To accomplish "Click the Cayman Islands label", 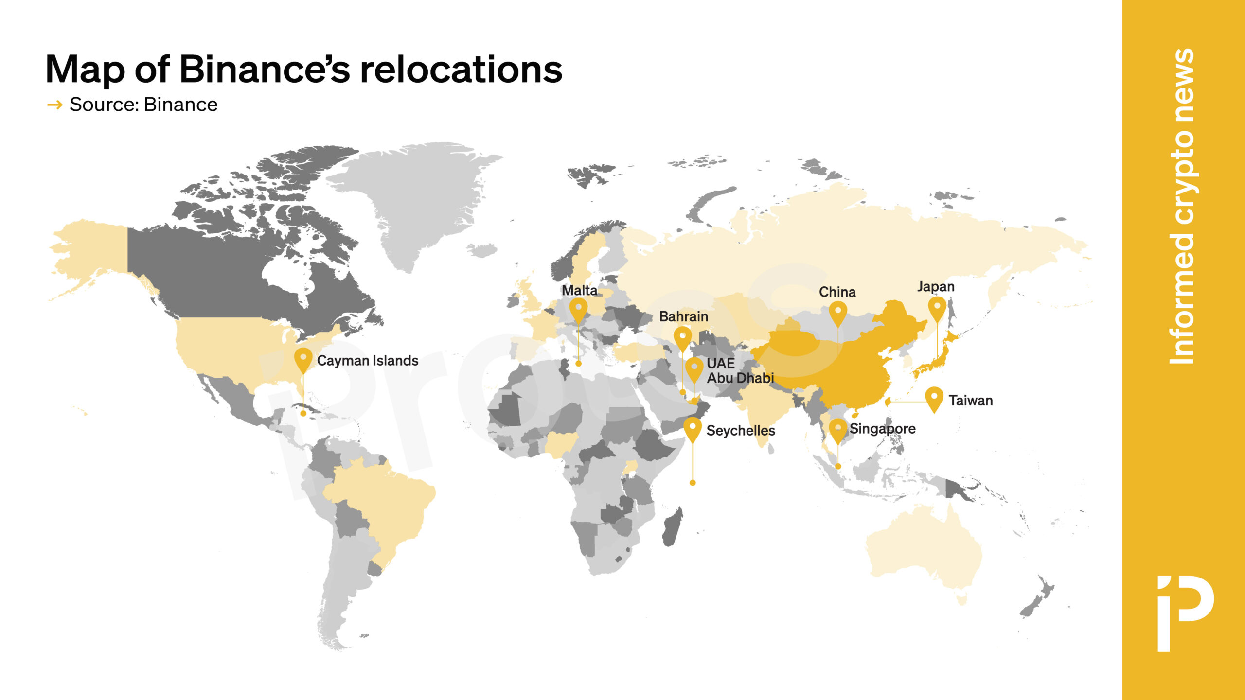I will (367, 361).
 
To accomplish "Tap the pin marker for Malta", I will (578, 310).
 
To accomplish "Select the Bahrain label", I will (683, 316).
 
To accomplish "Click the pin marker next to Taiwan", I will (934, 398).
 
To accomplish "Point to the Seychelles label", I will (740, 431).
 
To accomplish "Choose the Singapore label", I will (882, 429).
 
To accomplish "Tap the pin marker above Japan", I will (937, 308).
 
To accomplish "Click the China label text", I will (837, 292).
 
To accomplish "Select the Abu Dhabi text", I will (740, 378).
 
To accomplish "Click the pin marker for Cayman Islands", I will (303, 359).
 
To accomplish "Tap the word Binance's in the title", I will (265, 69).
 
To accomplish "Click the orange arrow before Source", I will (55, 105).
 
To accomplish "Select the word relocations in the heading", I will (461, 69).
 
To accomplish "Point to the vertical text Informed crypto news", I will (1182, 207).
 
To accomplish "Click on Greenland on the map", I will (418, 204).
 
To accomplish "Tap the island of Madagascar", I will (672, 527).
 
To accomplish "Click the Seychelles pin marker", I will (693, 428).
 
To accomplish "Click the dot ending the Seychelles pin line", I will (693, 483).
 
